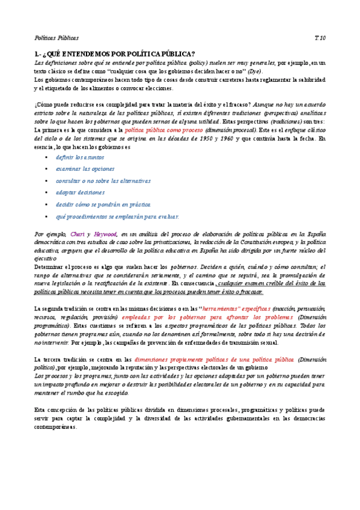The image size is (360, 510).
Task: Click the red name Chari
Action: (77, 234)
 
